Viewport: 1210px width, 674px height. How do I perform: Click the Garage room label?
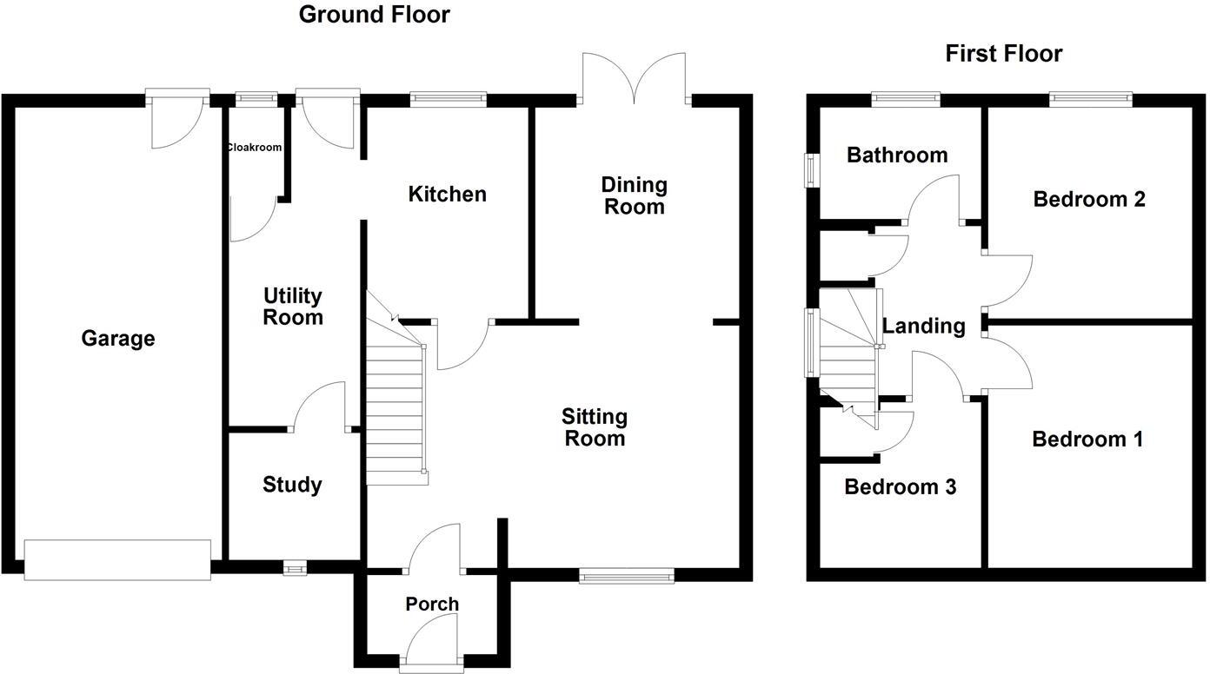pos(118,339)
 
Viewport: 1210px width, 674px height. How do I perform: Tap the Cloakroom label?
pos(254,148)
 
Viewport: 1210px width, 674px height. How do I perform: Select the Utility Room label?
pos(293,307)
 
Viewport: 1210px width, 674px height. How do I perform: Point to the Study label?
pos(292,485)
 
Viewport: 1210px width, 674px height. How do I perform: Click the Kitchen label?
pos(448,194)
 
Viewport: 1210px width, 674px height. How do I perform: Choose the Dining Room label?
pos(635,195)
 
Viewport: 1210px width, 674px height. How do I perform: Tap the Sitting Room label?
pos(595,427)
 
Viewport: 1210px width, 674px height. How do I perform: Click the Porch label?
pos(432,604)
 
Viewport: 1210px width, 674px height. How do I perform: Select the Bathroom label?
pos(897,155)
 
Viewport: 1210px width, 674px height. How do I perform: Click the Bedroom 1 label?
pos(1087,439)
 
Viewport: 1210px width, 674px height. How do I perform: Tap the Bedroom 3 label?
pos(901,486)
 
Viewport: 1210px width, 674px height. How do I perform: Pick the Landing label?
pos(924,327)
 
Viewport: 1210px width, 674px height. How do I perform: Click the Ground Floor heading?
pos(375,15)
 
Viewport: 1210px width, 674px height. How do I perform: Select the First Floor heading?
pos(1004,54)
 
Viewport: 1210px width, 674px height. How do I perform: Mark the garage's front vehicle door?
pos(117,559)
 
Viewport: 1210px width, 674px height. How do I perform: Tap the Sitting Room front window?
pos(627,574)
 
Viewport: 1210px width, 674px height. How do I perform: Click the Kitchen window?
pos(449,99)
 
